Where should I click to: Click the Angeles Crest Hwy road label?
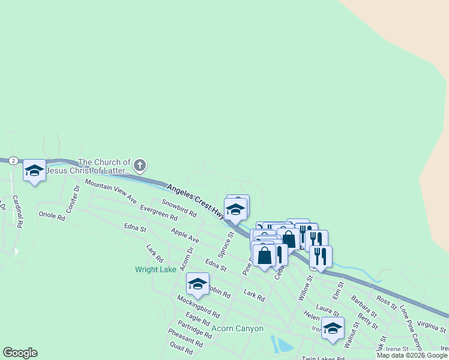[196, 200]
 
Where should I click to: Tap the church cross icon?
[140, 164]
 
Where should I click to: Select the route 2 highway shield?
[13, 161]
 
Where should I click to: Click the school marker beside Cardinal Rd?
[34, 171]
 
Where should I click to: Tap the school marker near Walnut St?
[333, 328]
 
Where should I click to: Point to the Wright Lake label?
[155, 269]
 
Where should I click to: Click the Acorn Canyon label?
[238, 328]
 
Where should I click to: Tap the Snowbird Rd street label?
[179, 209]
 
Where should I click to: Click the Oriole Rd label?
[52, 215]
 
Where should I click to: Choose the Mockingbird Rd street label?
[198, 306]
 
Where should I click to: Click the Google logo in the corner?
[20, 353]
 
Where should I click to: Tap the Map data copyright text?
[412, 355]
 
